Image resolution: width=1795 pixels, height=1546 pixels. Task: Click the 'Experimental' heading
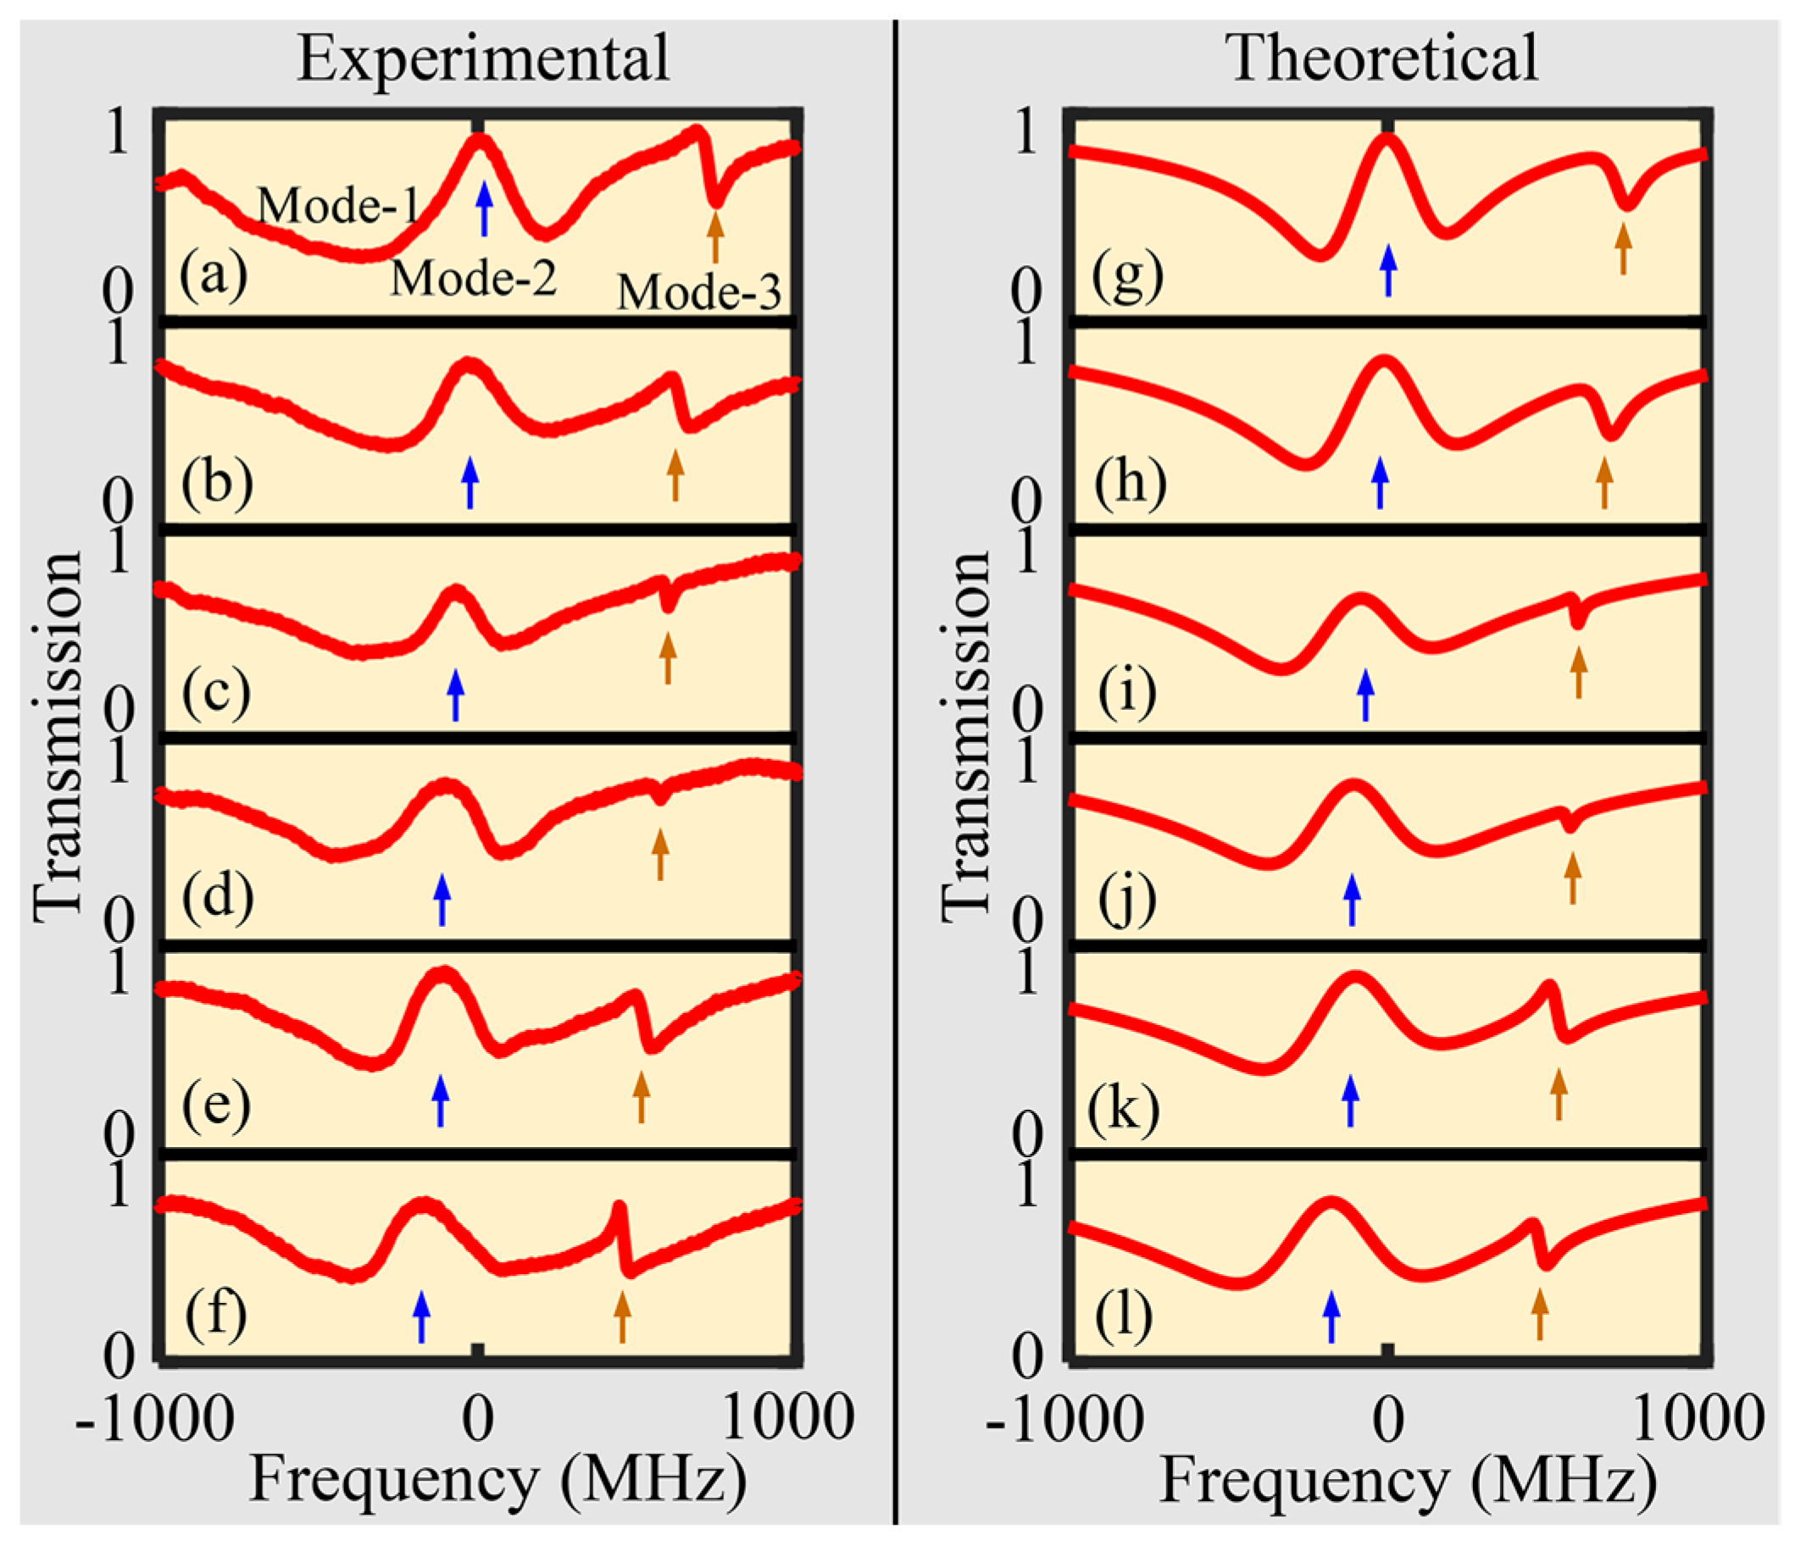tap(482, 59)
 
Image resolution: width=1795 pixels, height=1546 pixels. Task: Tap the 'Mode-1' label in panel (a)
tap(338, 206)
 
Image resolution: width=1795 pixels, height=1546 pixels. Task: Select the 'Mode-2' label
tap(473, 279)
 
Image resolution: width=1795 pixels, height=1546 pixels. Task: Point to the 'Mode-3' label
tap(698, 292)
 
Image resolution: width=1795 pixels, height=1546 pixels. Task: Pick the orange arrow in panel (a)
tap(714, 236)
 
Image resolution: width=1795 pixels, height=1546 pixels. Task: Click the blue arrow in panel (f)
tap(421, 1316)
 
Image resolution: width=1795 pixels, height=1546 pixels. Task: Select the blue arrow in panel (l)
tap(1331, 1316)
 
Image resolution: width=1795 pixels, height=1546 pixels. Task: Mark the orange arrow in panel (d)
tap(660, 853)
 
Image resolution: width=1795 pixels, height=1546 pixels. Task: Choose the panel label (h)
tap(1130, 482)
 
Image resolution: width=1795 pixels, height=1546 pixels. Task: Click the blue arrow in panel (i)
tap(1366, 695)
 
